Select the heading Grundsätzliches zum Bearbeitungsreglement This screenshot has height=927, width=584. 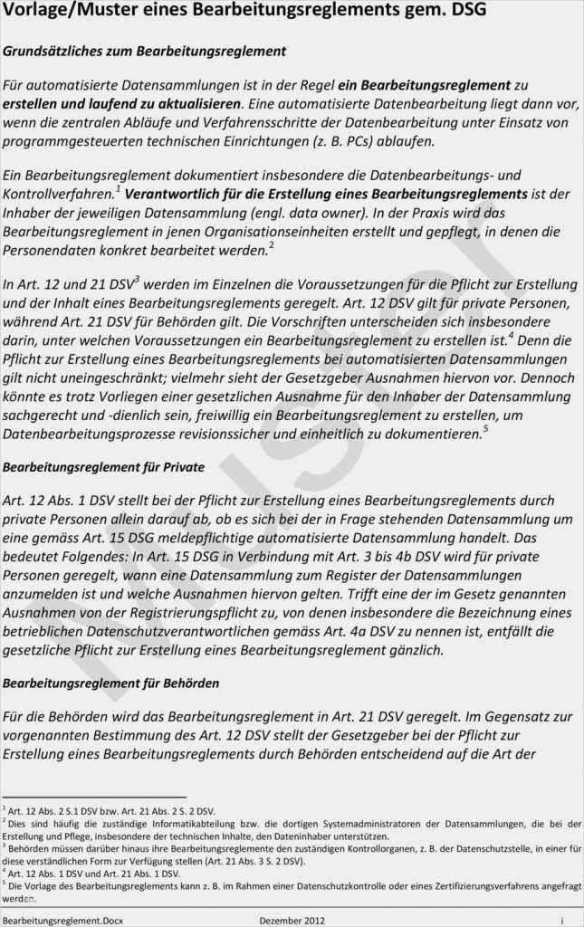[145, 52]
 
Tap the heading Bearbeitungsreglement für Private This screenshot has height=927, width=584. [103, 467]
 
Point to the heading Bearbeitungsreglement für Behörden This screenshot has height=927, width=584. [110, 682]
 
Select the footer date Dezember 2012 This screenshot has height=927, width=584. [292, 920]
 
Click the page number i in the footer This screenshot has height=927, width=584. [561, 920]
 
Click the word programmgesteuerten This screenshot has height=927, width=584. [75, 142]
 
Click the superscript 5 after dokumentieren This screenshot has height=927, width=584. [485, 429]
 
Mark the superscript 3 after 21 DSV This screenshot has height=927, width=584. [137, 279]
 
